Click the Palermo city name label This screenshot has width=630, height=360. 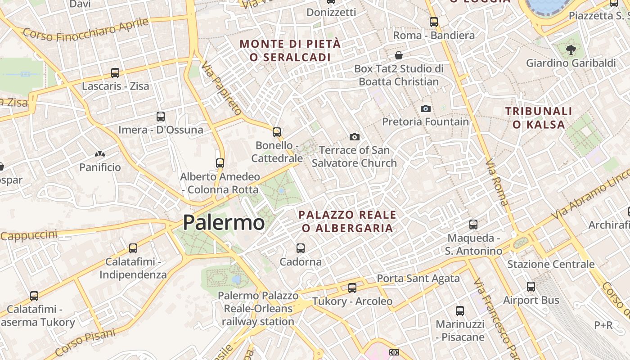pos(224,222)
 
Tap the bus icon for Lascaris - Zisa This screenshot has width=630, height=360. pos(115,73)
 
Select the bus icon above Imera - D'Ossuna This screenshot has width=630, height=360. pos(161,117)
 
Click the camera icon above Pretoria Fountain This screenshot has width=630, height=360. pos(425,108)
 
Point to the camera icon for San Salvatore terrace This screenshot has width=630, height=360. pos(355,137)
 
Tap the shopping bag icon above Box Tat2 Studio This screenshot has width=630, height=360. pos(398,55)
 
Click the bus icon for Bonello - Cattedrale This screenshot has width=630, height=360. pos(277,132)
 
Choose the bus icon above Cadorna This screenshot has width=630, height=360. pos(301,248)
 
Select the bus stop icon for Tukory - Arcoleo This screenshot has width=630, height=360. pos(352,288)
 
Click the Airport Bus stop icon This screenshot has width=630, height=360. pos(531,286)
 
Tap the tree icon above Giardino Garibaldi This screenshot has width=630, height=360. pos(571,49)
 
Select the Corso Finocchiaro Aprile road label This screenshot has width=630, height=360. pos(85,28)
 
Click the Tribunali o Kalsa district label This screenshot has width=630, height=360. pos(539,117)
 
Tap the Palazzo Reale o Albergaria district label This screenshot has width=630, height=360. pos(347,221)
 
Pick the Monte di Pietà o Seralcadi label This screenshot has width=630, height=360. pos(290,50)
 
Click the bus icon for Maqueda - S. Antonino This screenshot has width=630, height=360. pos(473,224)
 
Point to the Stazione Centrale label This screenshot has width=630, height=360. pos(551,264)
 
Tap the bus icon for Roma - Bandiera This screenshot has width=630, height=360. pos(434,22)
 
